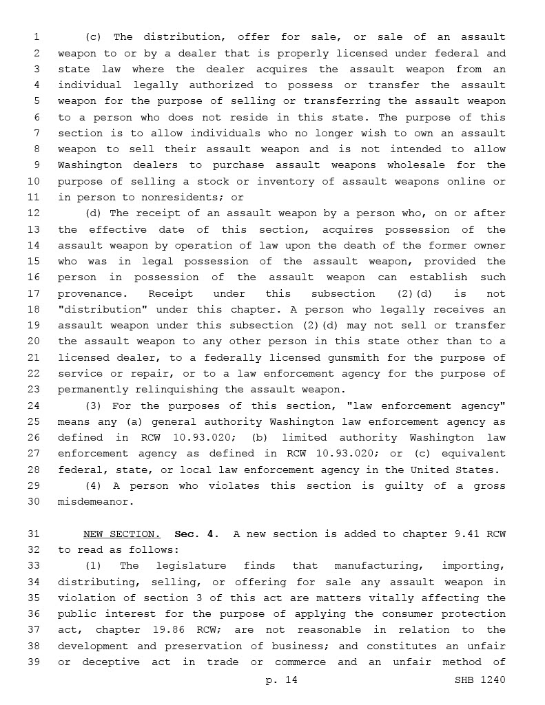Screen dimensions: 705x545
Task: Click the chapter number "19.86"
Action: (x=165, y=630)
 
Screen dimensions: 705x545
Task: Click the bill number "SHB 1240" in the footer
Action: (x=480, y=680)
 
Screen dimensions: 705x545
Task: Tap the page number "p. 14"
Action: (x=281, y=680)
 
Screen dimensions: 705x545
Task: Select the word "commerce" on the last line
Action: (x=300, y=662)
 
